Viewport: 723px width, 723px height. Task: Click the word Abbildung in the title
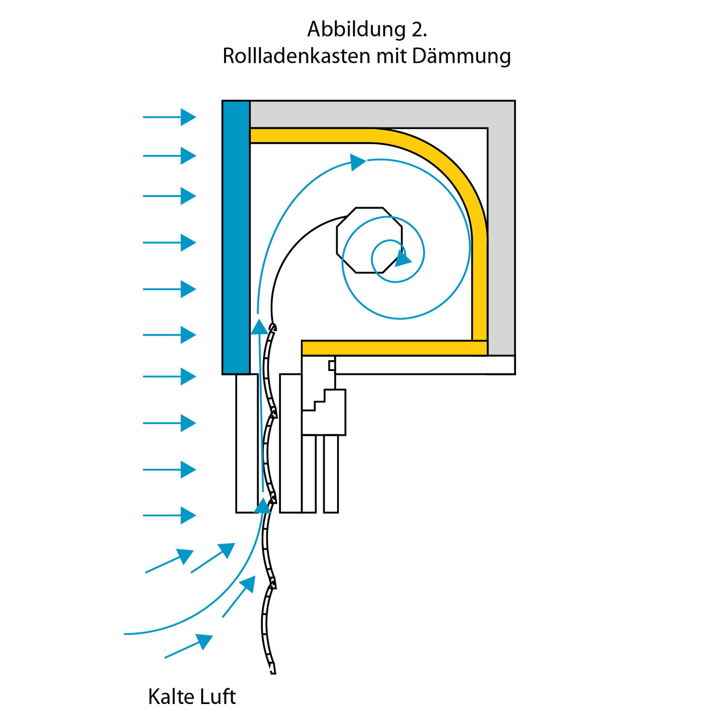click(x=357, y=30)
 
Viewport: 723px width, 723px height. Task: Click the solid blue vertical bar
click(x=236, y=238)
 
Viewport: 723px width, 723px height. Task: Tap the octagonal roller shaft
click(x=369, y=240)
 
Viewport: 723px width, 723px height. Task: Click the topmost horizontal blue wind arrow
click(x=169, y=117)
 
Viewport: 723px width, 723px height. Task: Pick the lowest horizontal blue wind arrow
click(x=169, y=515)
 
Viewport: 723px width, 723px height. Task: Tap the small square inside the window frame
click(x=332, y=365)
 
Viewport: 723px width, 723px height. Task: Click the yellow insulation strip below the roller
click(x=394, y=348)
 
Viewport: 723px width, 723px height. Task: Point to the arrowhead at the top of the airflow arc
click(x=358, y=162)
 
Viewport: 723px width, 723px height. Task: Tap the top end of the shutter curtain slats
click(x=273, y=327)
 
